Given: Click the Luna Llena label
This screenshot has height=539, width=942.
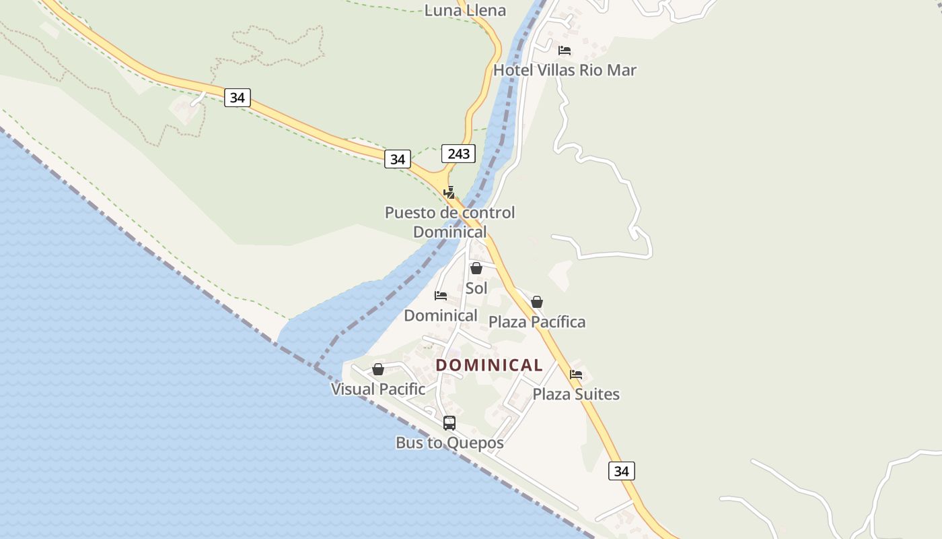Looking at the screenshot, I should (x=465, y=10).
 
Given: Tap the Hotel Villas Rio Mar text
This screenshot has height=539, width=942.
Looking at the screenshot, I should (x=565, y=70).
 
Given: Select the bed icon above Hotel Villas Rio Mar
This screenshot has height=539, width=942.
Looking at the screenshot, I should (x=565, y=51).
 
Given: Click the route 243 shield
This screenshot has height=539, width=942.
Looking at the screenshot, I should (x=458, y=154).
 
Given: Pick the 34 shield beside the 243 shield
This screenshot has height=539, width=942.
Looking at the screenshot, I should (x=398, y=159).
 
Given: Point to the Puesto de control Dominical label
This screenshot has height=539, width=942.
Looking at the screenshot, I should (x=449, y=222).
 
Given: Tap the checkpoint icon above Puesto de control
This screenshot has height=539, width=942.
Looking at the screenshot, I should (x=449, y=192).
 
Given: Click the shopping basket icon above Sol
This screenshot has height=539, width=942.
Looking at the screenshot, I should (x=476, y=268).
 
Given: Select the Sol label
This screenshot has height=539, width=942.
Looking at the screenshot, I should (x=476, y=288).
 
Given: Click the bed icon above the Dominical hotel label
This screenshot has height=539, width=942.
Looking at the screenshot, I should (x=441, y=296).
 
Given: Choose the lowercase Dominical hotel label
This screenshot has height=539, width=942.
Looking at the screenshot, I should (x=441, y=315).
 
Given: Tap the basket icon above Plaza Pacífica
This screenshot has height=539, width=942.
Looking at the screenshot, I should (x=537, y=302).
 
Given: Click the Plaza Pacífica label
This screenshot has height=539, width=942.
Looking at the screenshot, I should (x=537, y=322).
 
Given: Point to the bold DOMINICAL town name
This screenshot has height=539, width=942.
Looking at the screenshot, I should (x=489, y=365).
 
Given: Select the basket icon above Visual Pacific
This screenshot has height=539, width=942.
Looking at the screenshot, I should (x=378, y=369).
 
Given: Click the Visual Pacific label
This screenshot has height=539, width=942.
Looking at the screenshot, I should (x=378, y=389).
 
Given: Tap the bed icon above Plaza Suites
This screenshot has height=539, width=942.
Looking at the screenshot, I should (x=576, y=375).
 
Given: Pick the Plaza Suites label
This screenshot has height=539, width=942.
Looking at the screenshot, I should (x=576, y=394).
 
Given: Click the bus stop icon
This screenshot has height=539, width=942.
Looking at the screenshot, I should (x=449, y=423).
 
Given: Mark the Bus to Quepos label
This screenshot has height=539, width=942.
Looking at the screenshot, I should (x=449, y=443).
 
